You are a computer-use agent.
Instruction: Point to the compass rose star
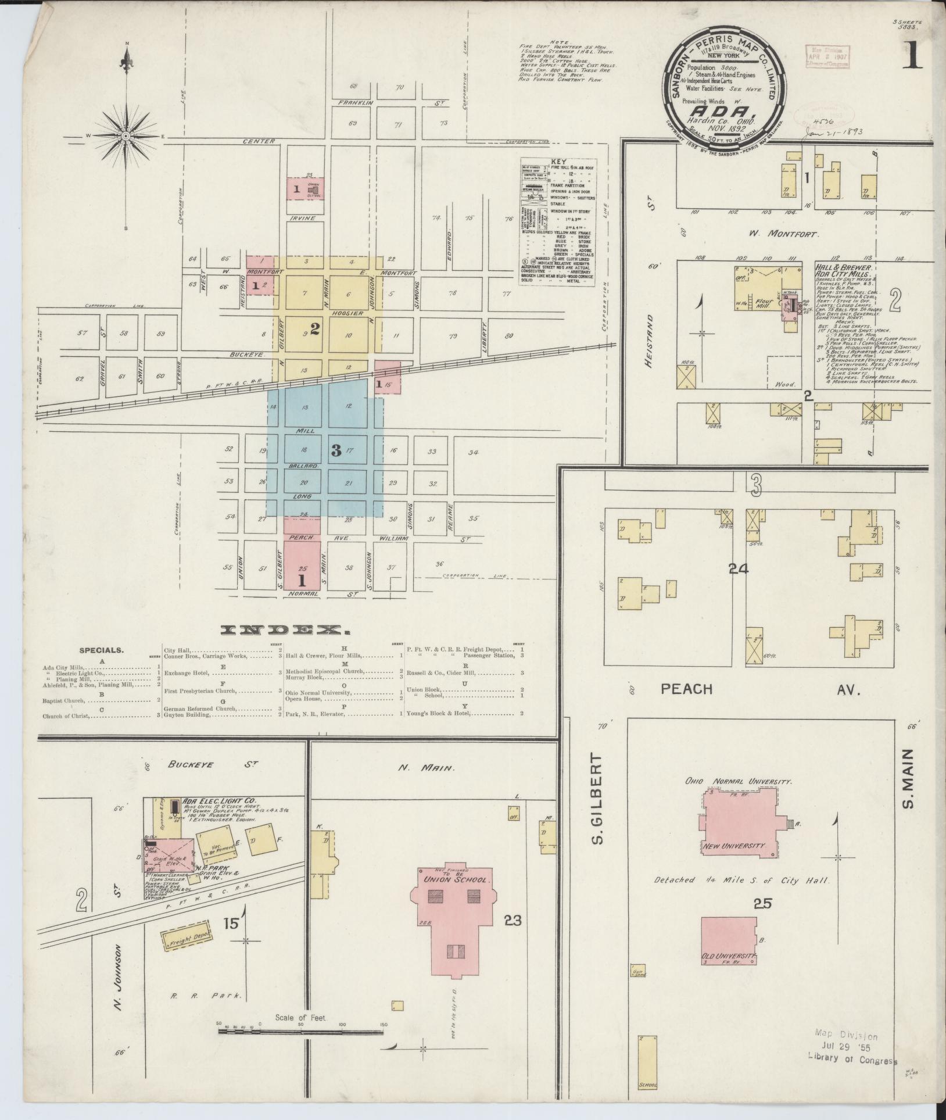[126, 137]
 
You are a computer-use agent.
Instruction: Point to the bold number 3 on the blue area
[336, 450]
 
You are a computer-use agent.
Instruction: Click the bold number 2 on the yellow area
[314, 329]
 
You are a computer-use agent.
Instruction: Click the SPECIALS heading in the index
[101, 650]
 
